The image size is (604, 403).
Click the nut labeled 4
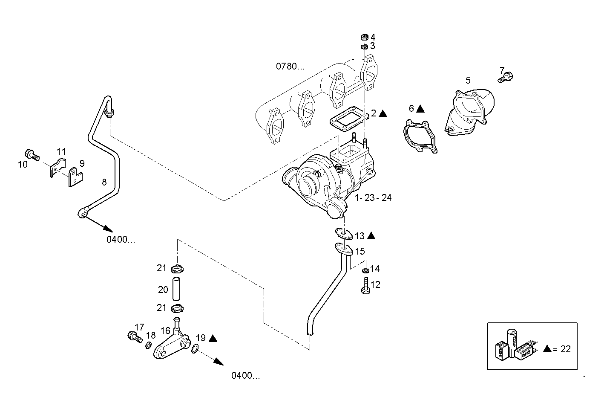(x=364, y=37)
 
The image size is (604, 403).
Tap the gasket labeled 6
(x=420, y=137)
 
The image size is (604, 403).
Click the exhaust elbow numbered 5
(x=471, y=111)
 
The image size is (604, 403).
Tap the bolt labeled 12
(x=365, y=285)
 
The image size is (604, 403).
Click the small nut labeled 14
(x=365, y=270)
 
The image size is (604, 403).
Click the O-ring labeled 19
(x=194, y=349)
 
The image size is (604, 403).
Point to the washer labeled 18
(x=149, y=345)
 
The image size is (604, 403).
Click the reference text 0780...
(x=290, y=67)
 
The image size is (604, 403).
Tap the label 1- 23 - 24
(x=373, y=198)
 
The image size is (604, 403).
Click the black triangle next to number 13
(x=371, y=235)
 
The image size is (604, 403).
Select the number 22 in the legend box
(x=565, y=349)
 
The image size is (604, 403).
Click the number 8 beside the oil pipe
(x=104, y=183)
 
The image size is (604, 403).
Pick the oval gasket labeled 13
(x=343, y=233)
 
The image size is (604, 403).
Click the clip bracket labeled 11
(x=56, y=167)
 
